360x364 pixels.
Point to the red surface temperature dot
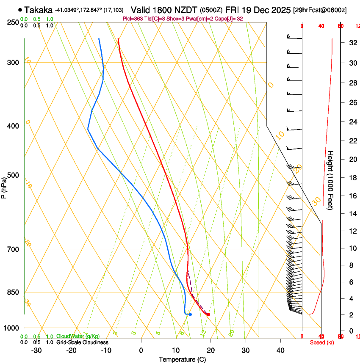208,314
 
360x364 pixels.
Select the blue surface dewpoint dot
190,314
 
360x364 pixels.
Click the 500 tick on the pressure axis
13,175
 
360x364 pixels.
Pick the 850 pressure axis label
13,292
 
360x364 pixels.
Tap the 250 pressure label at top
13,22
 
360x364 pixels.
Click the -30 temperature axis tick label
36,350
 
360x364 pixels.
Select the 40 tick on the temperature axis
280,350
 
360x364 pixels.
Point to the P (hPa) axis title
4,186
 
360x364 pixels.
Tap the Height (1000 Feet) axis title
330,180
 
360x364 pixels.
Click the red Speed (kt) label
321,342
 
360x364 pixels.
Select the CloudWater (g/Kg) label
78,336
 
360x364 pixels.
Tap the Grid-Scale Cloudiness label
82,342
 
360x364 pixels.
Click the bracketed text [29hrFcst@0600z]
320,10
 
